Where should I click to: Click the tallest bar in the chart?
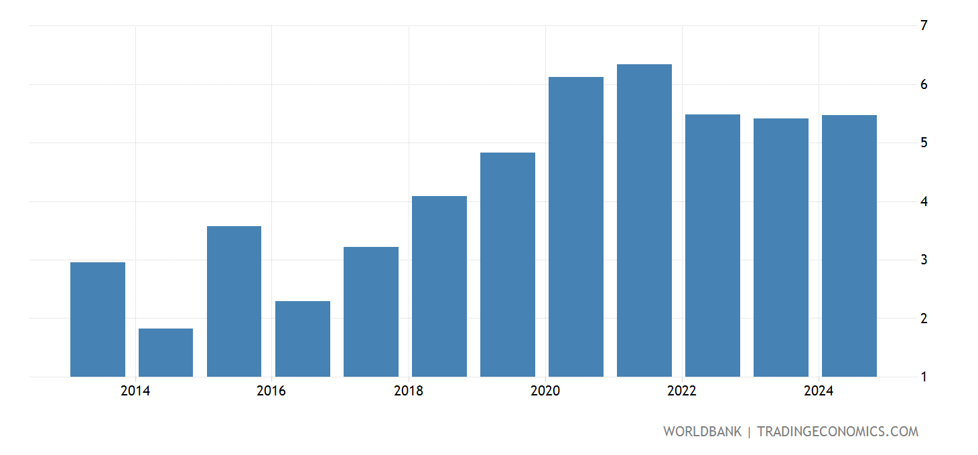(644, 221)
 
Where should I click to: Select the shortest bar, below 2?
(165, 353)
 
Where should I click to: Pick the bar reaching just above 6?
(576, 227)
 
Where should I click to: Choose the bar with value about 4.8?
(508, 265)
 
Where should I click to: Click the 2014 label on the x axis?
(135, 391)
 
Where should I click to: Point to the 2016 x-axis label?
(271, 391)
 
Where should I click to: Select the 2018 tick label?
(409, 391)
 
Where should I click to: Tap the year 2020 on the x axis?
(545, 391)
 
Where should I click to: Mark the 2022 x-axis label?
(682, 391)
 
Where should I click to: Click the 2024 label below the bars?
(819, 391)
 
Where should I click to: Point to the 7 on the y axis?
(924, 26)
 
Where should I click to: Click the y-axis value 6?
(924, 84)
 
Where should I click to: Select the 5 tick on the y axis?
(924, 143)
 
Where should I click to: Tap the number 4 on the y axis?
(924, 201)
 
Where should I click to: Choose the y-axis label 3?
(924, 260)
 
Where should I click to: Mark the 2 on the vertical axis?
(924, 318)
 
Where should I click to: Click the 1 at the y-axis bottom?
(924, 377)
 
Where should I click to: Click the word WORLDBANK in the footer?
(702, 432)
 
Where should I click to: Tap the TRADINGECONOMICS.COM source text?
(837, 432)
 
